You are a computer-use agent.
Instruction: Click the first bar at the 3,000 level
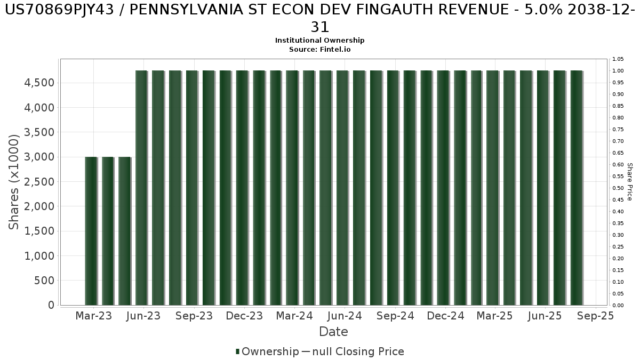pyautogui.click(x=91, y=231)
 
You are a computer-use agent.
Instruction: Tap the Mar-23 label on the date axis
pyautogui.click(x=94, y=316)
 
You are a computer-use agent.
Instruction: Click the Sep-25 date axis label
pyautogui.click(x=596, y=316)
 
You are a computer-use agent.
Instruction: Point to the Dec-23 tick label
pyautogui.click(x=244, y=316)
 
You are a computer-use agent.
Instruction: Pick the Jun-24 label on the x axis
pyautogui.click(x=345, y=316)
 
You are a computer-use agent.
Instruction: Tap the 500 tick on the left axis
pyautogui.click(x=44, y=281)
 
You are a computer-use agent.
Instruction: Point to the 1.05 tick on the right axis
pyautogui.click(x=619, y=59)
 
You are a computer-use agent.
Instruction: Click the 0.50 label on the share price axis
pyautogui.click(x=619, y=188)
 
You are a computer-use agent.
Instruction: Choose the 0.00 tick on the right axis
pyautogui.click(x=619, y=306)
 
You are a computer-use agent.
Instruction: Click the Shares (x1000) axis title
pyautogui.click(x=14, y=182)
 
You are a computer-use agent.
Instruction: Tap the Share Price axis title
pyautogui.click(x=630, y=182)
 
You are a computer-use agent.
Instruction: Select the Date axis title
pyautogui.click(x=333, y=332)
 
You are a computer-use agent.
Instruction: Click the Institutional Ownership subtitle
pyautogui.click(x=319, y=41)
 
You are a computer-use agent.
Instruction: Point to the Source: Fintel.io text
pyautogui.click(x=319, y=49)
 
